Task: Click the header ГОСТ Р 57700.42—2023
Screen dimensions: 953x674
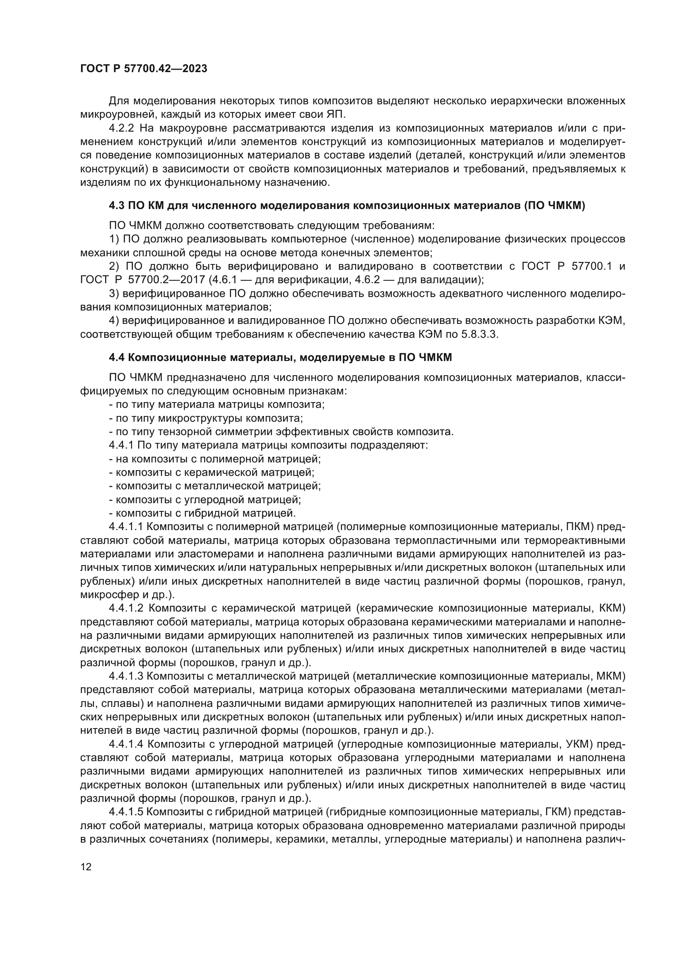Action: coord(143,69)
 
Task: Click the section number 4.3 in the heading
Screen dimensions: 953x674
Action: coord(116,206)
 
